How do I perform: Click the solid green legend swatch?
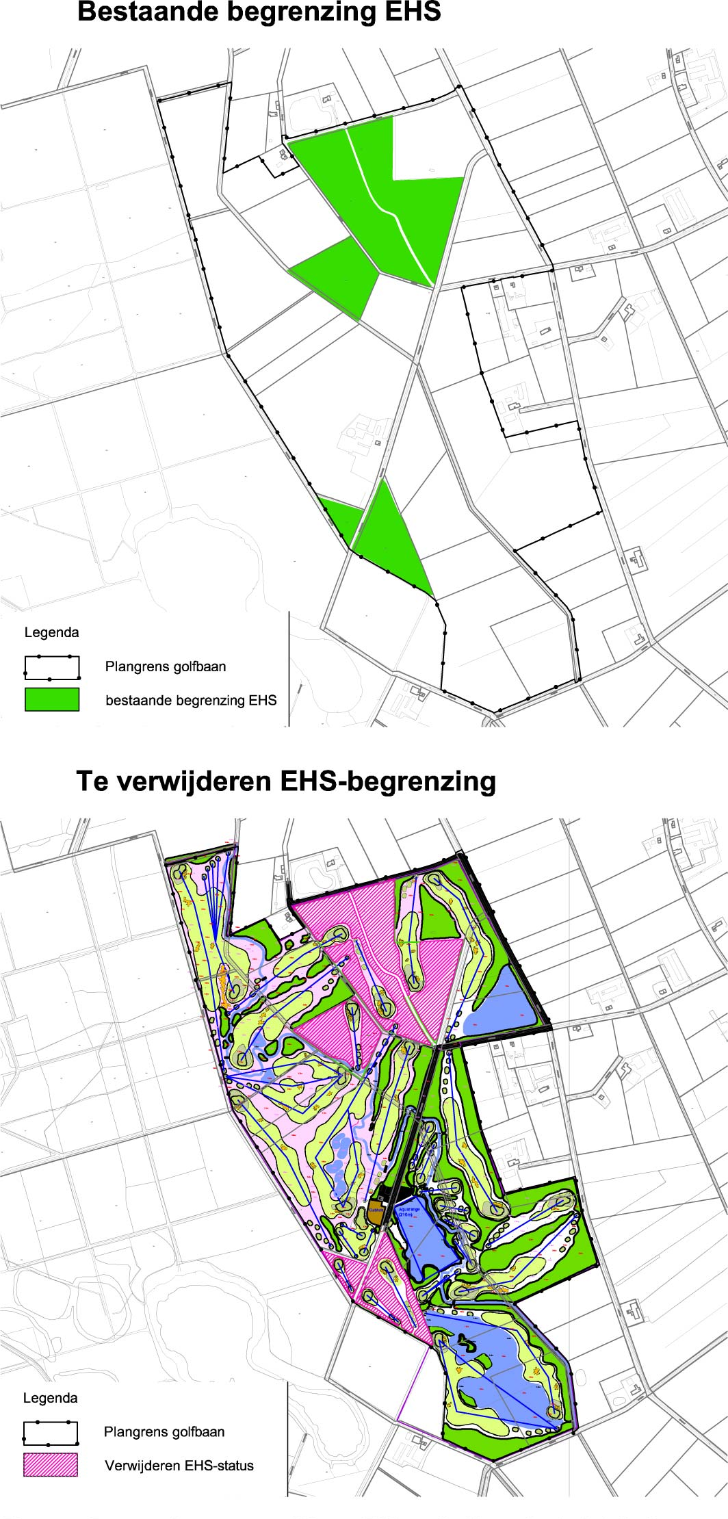tap(52, 699)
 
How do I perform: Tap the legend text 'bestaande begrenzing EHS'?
tap(191, 700)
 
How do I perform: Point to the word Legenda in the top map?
tap(51, 632)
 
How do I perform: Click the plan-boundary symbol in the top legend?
tap(52, 666)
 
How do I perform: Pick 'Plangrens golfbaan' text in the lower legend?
tap(164, 1431)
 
